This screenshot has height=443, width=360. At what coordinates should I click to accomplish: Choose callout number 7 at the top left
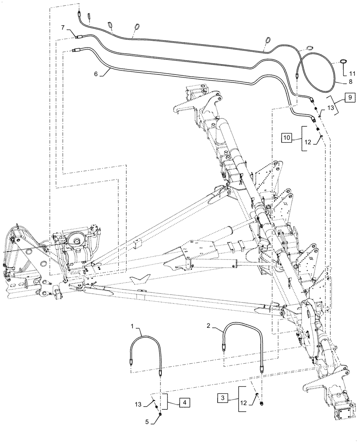[x=63, y=28]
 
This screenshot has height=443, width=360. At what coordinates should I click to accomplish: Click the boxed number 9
[x=348, y=97]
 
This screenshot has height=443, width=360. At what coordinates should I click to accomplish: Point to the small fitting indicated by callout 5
[x=159, y=414]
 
